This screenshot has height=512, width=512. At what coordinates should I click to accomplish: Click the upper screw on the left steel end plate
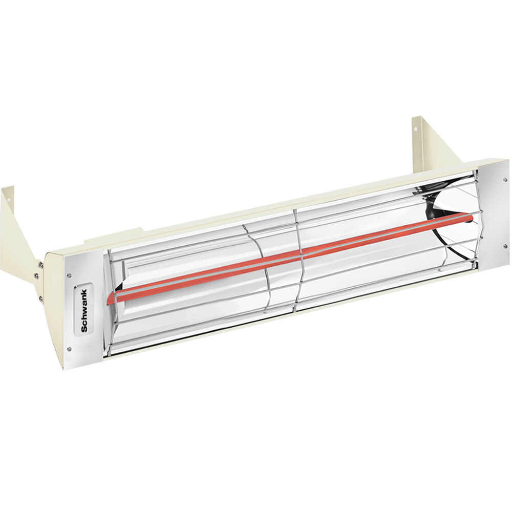click(70, 276)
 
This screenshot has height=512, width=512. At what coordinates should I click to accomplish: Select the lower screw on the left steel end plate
click(69, 348)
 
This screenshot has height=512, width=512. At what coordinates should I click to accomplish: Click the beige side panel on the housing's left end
click(54, 307)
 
